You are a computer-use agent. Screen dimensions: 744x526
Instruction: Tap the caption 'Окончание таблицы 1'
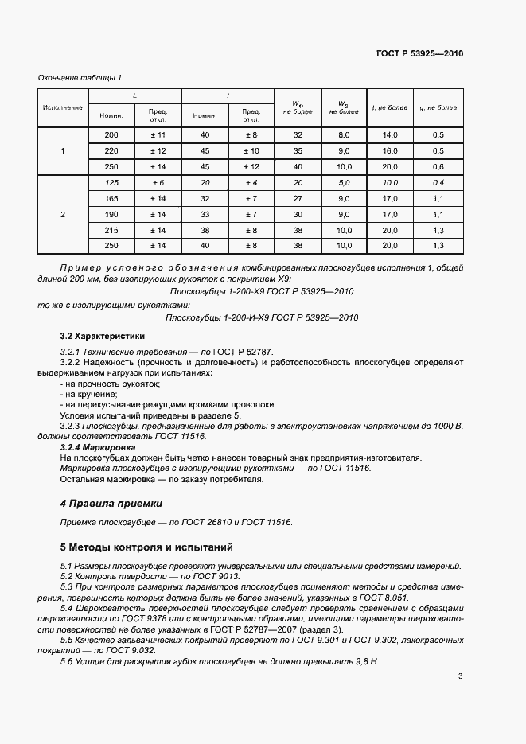click(80, 77)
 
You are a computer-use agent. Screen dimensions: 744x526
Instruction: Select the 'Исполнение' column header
click(63, 107)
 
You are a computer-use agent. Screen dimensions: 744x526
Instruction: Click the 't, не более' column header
click(390, 107)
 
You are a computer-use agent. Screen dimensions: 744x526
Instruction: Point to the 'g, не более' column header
click(438, 107)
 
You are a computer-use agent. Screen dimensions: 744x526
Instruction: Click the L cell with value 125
click(111, 183)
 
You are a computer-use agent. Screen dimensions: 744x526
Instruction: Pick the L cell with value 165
click(111, 198)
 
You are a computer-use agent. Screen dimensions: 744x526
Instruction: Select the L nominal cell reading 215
click(111, 230)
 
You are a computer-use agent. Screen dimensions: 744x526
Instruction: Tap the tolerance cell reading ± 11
click(158, 135)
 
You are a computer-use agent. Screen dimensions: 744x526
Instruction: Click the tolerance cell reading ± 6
click(158, 183)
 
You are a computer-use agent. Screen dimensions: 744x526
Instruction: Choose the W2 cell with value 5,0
click(345, 183)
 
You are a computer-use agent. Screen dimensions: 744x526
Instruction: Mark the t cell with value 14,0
click(390, 135)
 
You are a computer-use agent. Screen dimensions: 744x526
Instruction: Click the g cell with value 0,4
click(438, 183)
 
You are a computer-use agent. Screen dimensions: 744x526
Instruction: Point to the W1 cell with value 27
click(298, 198)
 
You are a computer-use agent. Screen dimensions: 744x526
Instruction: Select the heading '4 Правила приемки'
click(111, 504)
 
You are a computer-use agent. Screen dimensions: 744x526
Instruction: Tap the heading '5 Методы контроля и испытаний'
click(147, 547)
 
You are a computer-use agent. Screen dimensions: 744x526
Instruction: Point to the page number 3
click(460, 676)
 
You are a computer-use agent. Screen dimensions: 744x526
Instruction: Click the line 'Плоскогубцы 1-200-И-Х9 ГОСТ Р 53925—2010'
click(262, 317)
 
